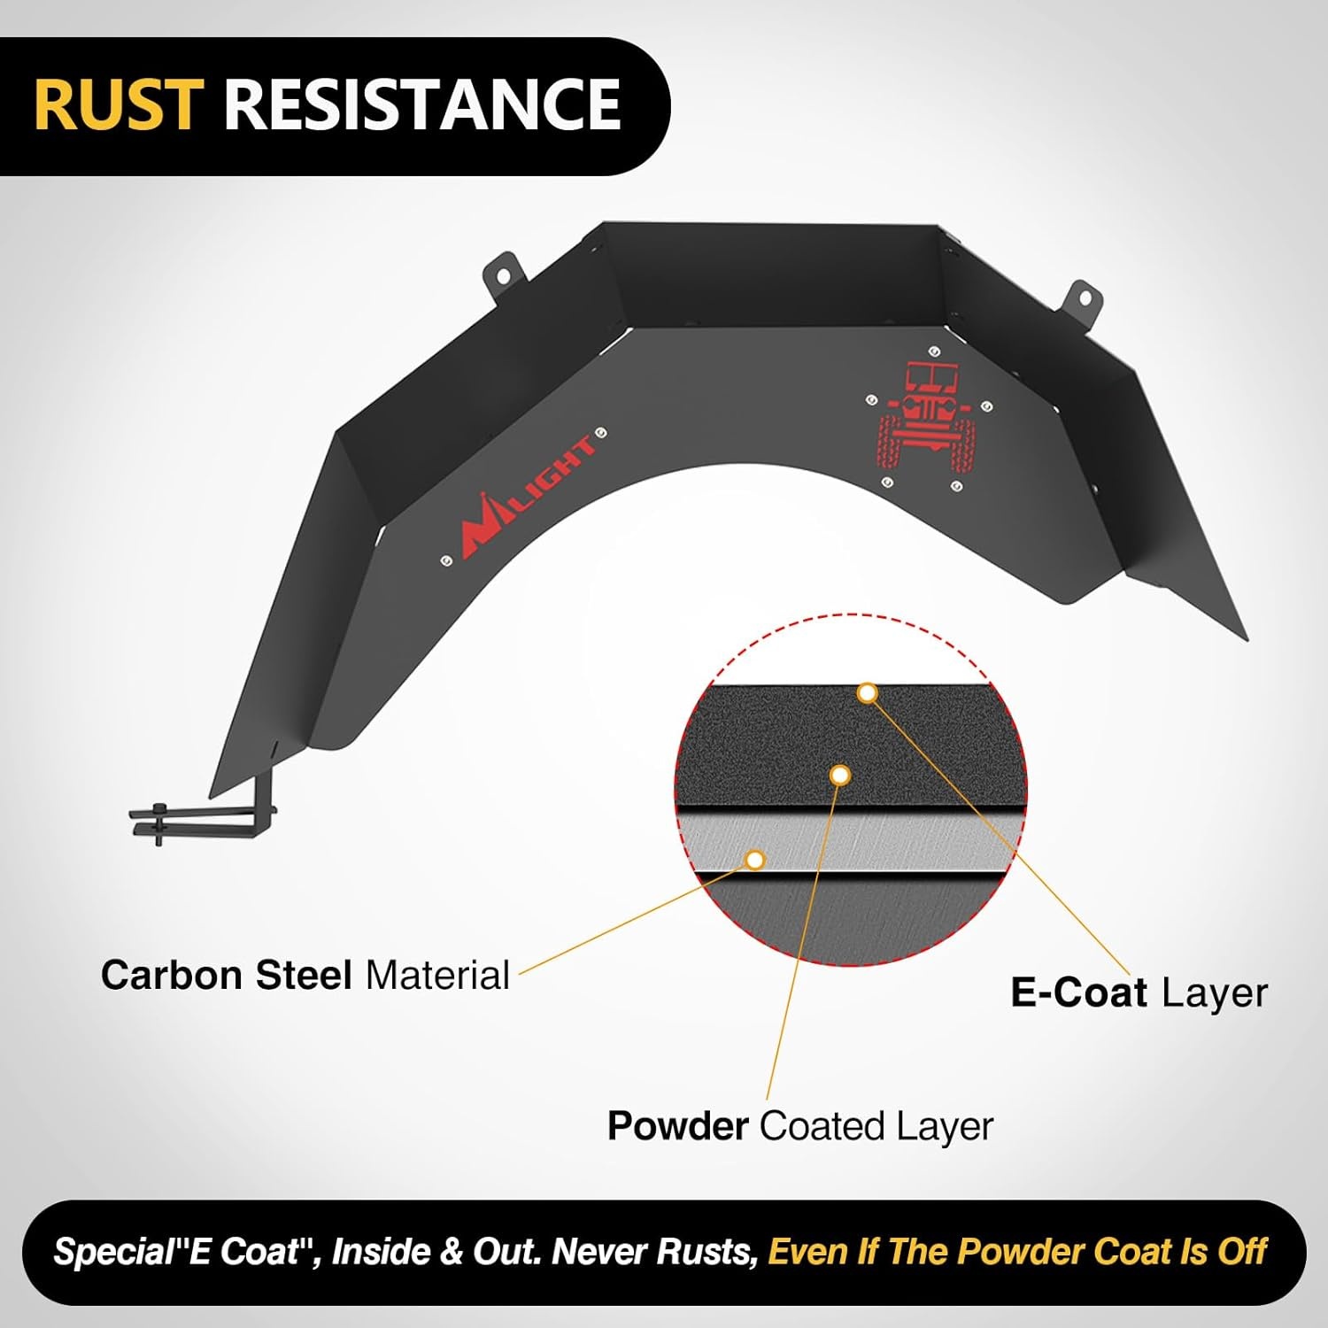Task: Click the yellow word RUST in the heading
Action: [119, 104]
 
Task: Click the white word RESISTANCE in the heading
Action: [422, 104]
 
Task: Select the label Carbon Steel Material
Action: [305, 975]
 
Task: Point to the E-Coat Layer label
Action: [1139, 992]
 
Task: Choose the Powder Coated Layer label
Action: [799, 1126]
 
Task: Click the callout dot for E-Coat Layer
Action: [868, 693]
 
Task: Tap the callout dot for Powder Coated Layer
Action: [841, 776]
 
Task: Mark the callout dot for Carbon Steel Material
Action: [755, 860]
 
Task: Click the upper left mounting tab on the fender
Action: [502, 274]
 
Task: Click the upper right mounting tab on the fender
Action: [1079, 300]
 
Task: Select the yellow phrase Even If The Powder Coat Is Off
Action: [1018, 1252]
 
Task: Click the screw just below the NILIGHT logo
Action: [445, 560]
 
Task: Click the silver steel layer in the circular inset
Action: [850, 841]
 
